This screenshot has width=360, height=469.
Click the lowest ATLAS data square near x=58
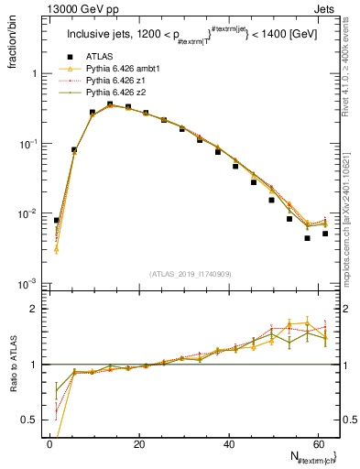[x=307, y=238]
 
